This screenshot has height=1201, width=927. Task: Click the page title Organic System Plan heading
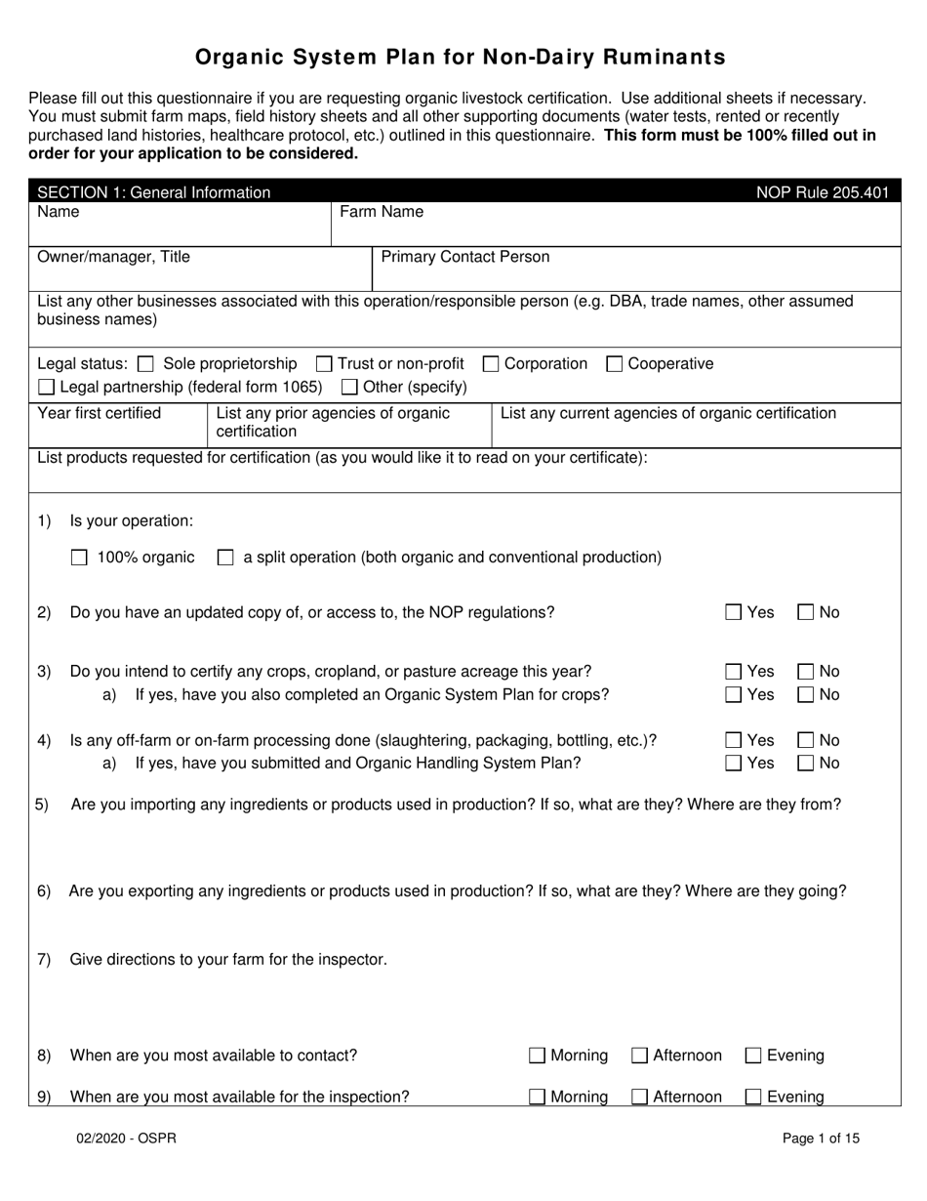[x=461, y=57]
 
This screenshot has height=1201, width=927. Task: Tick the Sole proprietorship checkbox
[x=146, y=364]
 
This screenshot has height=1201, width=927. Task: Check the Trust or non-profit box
[x=325, y=364]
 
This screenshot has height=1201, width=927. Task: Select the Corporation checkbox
[x=491, y=364]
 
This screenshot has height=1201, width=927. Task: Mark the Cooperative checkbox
[x=615, y=364]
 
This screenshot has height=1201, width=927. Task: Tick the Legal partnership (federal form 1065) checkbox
[x=47, y=387]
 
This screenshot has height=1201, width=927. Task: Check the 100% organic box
[x=80, y=558]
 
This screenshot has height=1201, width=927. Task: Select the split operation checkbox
[x=225, y=558]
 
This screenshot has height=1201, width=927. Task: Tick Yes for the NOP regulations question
[x=734, y=613]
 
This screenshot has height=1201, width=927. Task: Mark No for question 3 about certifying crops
[x=806, y=672]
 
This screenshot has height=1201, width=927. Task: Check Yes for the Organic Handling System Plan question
[x=734, y=764]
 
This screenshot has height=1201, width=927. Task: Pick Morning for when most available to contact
[x=538, y=1056]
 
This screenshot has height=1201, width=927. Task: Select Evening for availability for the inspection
[x=753, y=1097]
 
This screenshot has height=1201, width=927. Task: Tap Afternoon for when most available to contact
[x=640, y=1056]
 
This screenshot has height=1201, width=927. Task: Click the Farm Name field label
[x=381, y=211]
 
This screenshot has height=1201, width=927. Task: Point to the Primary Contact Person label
[x=464, y=257]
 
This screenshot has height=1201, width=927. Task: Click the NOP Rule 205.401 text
[x=823, y=192]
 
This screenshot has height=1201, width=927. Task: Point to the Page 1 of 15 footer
[x=821, y=1138]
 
